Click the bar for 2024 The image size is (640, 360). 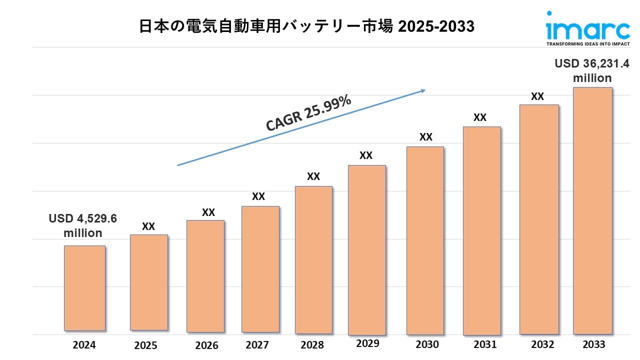tap(84, 288)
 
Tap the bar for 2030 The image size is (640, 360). tap(425, 240)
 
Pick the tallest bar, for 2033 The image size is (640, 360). tap(592, 210)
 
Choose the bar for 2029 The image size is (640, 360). tap(366, 250)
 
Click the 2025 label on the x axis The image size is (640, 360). tap(145, 345)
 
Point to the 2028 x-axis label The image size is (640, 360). tap(312, 345)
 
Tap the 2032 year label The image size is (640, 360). tap(542, 344)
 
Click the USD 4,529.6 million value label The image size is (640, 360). tap(83, 226)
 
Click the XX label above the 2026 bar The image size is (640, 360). tap(208, 212)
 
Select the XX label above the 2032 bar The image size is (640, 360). tap(537, 96)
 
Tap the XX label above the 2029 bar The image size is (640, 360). tap(366, 155)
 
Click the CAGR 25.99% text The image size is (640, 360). tap(308, 113)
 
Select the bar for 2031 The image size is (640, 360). tap(481, 230)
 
